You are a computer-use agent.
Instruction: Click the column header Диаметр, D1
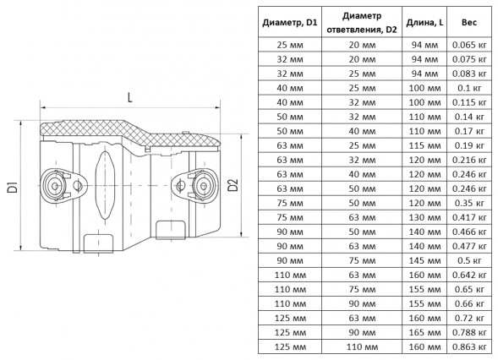coord(290,23)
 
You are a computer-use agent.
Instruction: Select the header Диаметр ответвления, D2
coord(362,23)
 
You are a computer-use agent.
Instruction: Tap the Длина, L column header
coord(424,23)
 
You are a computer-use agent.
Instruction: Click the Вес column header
coord(469,23)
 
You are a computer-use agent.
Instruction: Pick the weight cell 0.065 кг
coord(469,45)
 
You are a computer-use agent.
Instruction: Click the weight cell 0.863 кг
coord(469,346)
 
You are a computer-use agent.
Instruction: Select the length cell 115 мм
coord(424,145)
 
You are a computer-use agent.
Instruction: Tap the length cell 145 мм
coord(424,260)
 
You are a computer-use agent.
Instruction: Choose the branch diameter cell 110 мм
coord(362,346)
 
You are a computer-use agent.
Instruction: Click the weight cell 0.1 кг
coord(469,88)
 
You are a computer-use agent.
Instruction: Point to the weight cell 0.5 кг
coord(469,260)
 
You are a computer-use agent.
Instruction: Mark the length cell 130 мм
coord(424,217)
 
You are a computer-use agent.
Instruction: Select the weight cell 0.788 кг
coord(469,332)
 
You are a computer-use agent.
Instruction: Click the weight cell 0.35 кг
coord(469,203)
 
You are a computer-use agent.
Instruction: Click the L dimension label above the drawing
coord(129,97)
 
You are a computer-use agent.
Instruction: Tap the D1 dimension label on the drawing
coord(13,187)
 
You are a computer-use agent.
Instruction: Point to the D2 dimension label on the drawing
coord(233,185)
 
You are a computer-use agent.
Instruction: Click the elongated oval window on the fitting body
coord(104,185)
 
